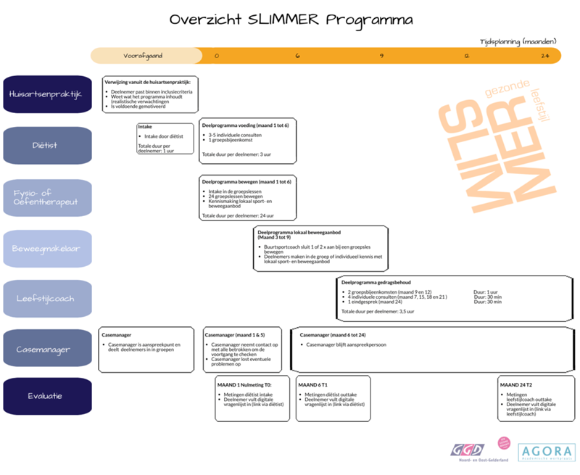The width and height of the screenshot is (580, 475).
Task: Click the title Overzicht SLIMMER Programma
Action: (291, 20)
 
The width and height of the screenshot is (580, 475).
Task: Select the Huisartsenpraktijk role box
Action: (48, 94)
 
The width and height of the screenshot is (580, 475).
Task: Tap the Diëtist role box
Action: (48, 145)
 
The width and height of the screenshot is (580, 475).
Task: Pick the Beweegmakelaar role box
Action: (48, 248)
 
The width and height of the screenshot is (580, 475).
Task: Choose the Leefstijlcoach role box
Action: (48, 298)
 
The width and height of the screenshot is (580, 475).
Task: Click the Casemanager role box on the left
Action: (48, 349)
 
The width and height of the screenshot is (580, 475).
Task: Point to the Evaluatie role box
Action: (48, 396)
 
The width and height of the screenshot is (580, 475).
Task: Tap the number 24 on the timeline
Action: (544, 56)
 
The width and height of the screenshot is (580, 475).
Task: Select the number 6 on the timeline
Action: (297, 56)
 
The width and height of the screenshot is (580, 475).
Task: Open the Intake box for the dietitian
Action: (166, 138)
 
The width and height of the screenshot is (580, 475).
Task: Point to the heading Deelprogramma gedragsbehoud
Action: (381, 281)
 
